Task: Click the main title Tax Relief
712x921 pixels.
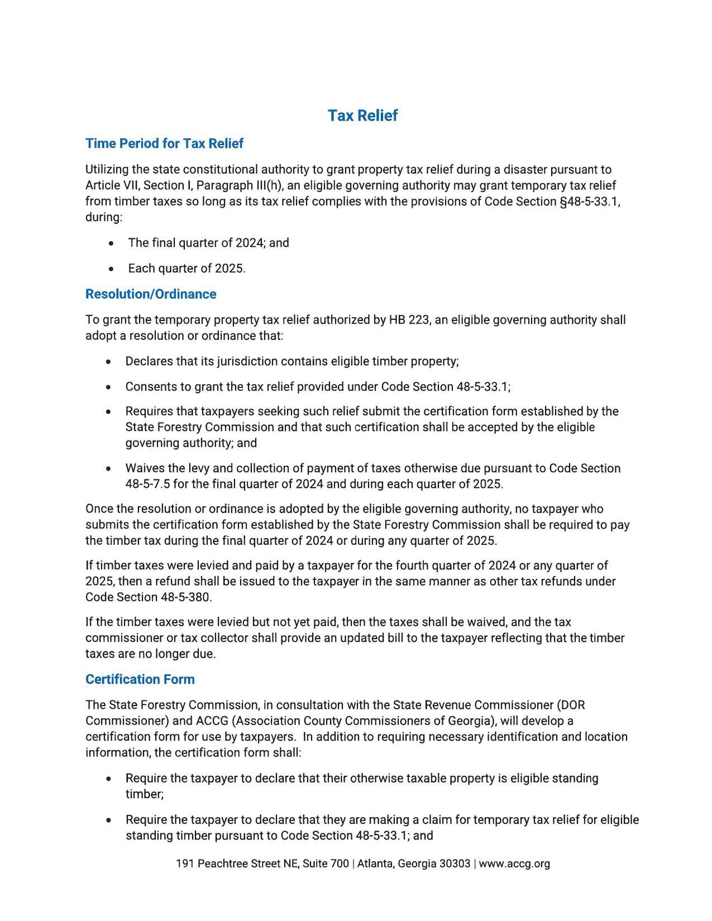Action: [x=362, y=116]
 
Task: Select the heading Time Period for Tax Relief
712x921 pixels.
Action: [x=164, y=143]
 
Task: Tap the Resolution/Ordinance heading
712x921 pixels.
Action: [x=151, y=294]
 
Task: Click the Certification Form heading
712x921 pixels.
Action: [x=140, y=679]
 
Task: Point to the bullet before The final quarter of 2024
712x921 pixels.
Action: [x=113, y=243]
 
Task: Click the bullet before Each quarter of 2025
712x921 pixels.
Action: [x=113, y=269]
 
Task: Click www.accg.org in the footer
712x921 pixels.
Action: [x=514, y=864]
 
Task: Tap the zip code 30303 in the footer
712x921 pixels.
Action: [x=455, y=864]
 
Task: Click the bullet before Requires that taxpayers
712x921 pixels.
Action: [x=108, y=412]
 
